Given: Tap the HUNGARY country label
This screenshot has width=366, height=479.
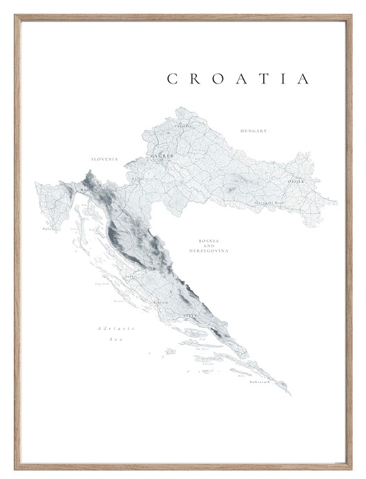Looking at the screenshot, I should tap(253, 130).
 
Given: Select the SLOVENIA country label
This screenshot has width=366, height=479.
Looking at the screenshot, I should tap(104, 159).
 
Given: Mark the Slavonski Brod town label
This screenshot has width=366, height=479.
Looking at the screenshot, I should tap(269, 202).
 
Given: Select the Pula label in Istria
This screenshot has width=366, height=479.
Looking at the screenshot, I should tap(46, 228).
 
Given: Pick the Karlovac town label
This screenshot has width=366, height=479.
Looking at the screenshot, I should tap(140, 178).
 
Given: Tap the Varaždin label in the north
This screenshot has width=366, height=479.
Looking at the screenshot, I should tap(182, 126).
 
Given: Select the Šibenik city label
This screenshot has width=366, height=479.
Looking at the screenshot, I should tap(161, 302).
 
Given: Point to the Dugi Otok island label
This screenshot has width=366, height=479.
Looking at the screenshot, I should tap(102, 284).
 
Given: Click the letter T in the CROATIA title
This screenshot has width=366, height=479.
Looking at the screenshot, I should tap(272, 79).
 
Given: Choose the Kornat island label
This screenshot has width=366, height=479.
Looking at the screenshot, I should tap(118, 301).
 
